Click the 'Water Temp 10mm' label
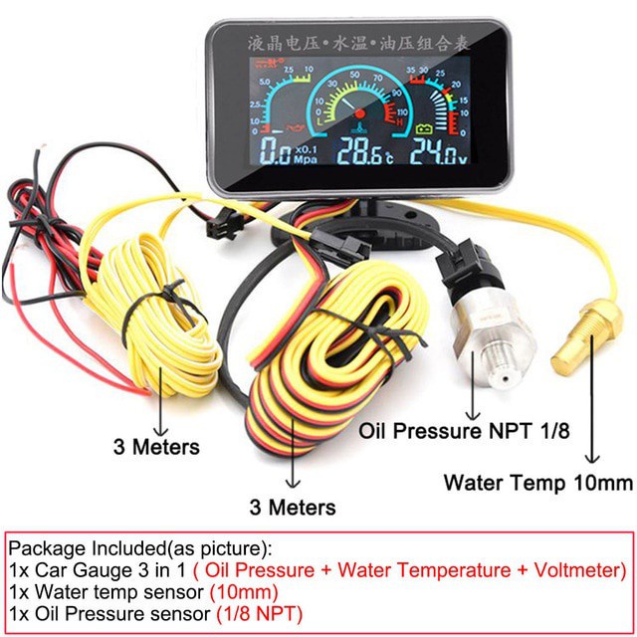pyautogui.click(x=537, y=485)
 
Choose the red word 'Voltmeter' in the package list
pyautogui.click(x=576, y=571)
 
